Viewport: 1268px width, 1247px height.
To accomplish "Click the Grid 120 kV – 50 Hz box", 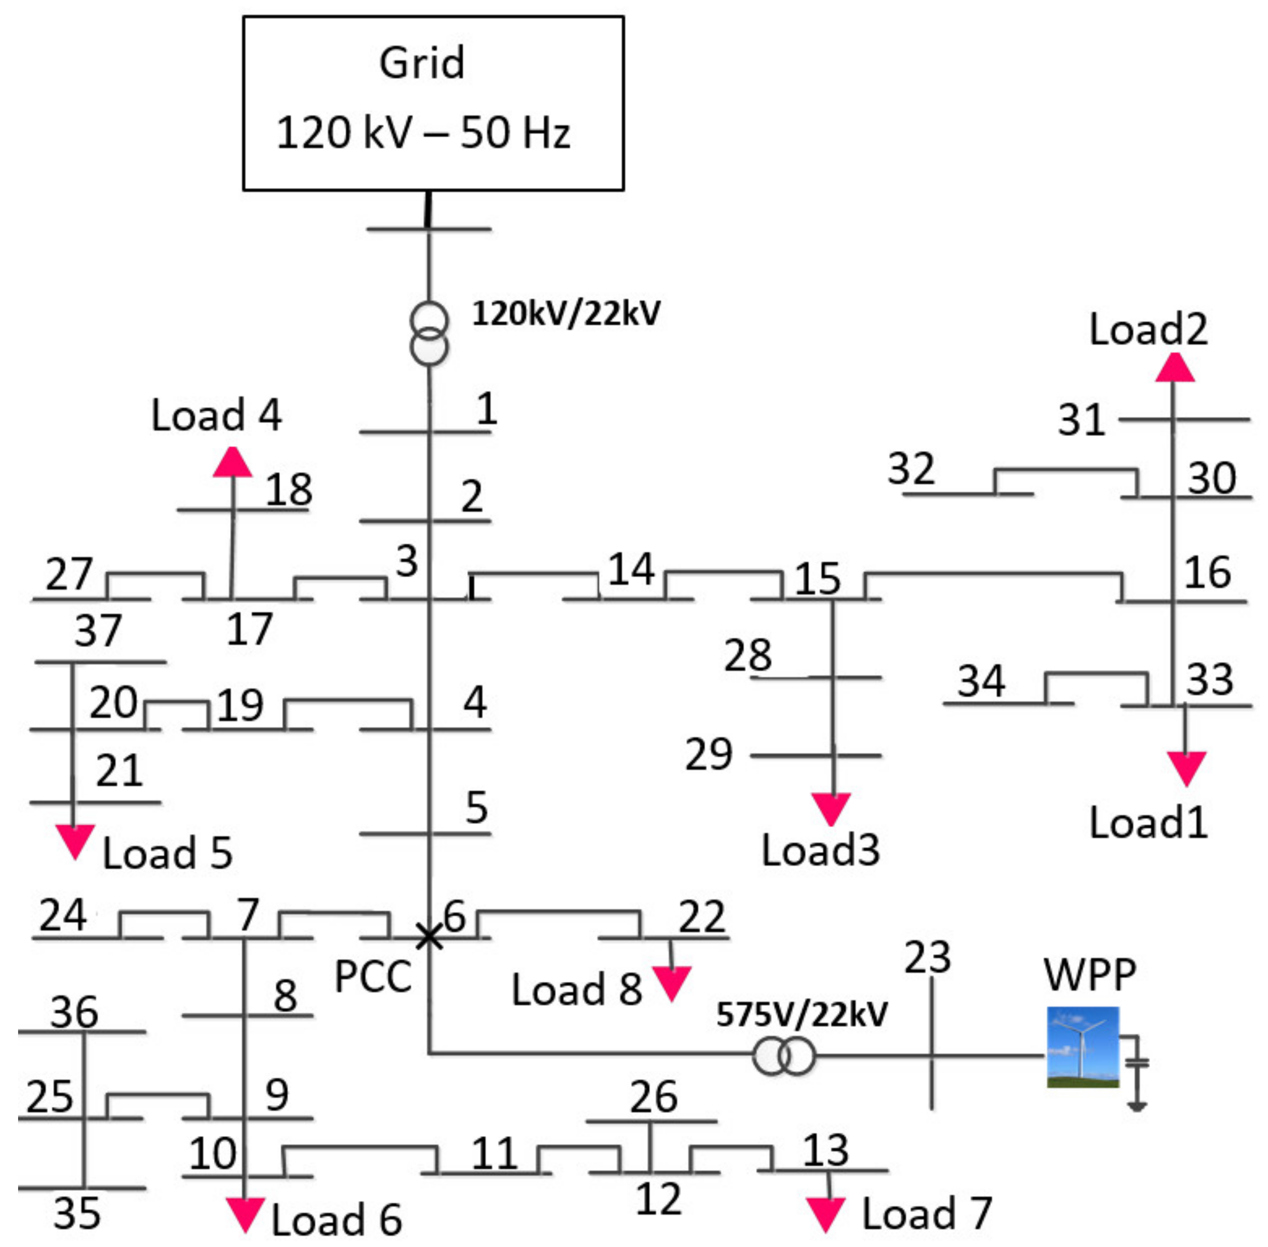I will (433, 104).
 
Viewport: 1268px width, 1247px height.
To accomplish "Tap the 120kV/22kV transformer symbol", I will (429, 333).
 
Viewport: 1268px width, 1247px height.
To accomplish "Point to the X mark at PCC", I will (429, 937).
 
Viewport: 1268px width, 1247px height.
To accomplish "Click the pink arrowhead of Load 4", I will (233, 463).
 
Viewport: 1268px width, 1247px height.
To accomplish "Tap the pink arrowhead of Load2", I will (1174, 368).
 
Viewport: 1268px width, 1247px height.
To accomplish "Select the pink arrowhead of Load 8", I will (671, 982).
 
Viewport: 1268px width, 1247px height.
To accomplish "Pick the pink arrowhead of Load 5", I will (75, 840).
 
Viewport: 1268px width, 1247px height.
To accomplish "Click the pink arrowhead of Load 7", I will (825, 1214).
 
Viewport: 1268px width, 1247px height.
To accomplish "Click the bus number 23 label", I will (928, 958).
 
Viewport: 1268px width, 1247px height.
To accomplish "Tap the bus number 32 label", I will (910, 469).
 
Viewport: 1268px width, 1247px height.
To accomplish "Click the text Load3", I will (821, 850).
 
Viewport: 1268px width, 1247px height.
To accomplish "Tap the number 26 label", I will (654, 1097).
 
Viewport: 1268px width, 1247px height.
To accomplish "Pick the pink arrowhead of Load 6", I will (245, 1214).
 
